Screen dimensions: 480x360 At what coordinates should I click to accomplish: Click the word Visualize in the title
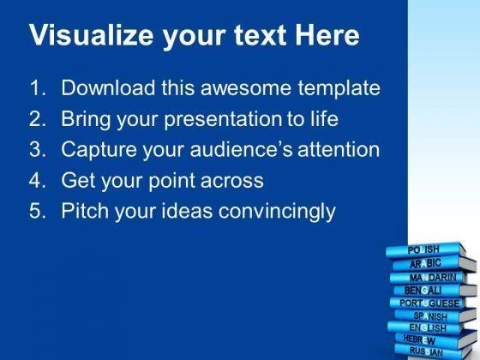click(x=91, y=35)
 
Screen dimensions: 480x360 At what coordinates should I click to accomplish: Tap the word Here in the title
click(x=327, y=35)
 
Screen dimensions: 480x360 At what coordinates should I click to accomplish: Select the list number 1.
click(x=38, y=88)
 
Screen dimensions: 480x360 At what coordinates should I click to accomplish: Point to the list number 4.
click(x=38, y=180)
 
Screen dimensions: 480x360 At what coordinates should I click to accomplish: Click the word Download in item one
click(x=108, y=87)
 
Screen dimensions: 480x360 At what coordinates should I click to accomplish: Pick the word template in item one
click(x=339, y=89)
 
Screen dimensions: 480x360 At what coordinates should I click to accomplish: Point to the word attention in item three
click(x=339, y=149)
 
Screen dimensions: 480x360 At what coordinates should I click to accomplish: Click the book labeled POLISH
click(x=426, y=250)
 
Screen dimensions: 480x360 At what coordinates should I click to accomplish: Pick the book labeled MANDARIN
click(x=429, y=278)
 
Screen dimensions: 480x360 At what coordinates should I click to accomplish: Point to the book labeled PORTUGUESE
click(x=429, y=303)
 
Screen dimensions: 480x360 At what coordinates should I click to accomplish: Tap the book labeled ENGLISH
click(x=425, y=327)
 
